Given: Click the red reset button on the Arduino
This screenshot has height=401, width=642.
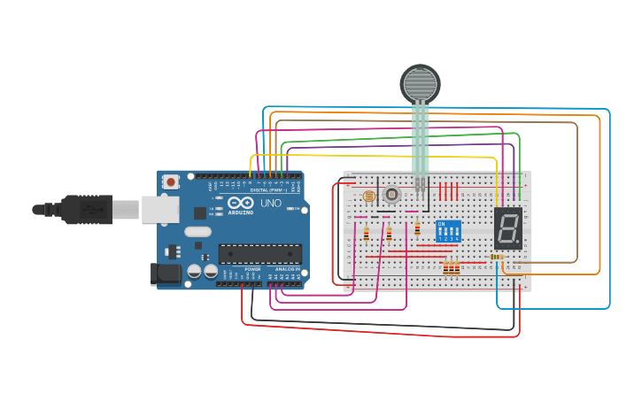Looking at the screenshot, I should [x=171, y=181].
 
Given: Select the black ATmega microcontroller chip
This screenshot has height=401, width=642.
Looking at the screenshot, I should [x=260, y=254].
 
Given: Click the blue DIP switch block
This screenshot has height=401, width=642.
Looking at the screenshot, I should [x=449, y=232].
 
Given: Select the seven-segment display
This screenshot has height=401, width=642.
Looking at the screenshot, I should [x=507, y=229].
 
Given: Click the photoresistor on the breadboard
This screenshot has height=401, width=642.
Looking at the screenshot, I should [x=369, y=196].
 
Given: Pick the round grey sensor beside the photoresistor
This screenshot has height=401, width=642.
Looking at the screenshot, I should [x=391, y=196].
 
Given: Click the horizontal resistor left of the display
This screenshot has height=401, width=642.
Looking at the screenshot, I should [x=496, y=258].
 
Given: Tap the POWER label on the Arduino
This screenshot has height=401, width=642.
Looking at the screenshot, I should [x=252, y=268].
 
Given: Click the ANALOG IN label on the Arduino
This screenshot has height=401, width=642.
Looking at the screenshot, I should [x=287, y=268].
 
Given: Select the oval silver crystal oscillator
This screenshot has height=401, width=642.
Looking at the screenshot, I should [x=197, y=232].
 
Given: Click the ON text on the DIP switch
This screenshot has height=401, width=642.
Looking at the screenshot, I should [x=442, y=224].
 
